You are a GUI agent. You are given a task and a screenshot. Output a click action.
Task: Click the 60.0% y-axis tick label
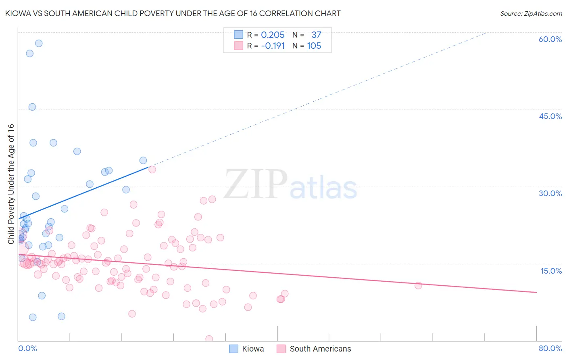550,39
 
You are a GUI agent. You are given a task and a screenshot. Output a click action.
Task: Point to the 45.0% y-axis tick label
550,116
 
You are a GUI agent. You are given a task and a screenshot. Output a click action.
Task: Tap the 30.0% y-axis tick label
550,193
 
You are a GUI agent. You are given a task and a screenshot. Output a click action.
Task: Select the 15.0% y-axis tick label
551,271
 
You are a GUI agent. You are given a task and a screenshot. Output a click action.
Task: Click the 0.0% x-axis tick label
27,348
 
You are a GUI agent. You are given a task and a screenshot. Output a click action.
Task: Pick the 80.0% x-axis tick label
550,348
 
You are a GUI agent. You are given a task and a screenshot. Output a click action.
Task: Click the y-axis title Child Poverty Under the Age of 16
11,184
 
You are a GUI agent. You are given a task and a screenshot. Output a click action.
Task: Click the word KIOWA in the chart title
17,13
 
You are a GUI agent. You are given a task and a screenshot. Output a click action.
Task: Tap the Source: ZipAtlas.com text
531,13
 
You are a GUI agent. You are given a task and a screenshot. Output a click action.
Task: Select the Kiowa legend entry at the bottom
247,349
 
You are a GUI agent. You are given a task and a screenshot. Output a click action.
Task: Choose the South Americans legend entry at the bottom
314,349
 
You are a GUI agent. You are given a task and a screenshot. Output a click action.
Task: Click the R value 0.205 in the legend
273,35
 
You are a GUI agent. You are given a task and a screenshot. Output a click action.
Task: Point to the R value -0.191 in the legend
273,46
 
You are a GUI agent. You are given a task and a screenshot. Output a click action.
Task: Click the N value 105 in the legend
314,46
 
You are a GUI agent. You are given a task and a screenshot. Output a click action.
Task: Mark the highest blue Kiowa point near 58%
39,43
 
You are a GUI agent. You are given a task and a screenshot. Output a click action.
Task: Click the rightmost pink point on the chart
418,285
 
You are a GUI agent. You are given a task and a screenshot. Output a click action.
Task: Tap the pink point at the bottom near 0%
209,339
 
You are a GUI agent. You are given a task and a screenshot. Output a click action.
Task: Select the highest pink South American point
152,169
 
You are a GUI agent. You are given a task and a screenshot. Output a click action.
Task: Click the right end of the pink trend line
536,292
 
